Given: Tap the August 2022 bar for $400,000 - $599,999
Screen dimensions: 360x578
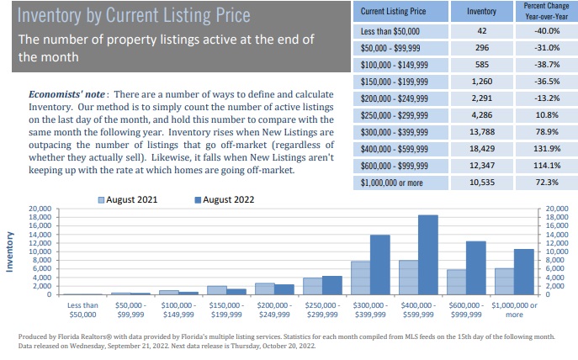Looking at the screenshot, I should tap(427, 255).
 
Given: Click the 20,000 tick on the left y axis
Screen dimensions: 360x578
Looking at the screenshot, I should tap(40, 209).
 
